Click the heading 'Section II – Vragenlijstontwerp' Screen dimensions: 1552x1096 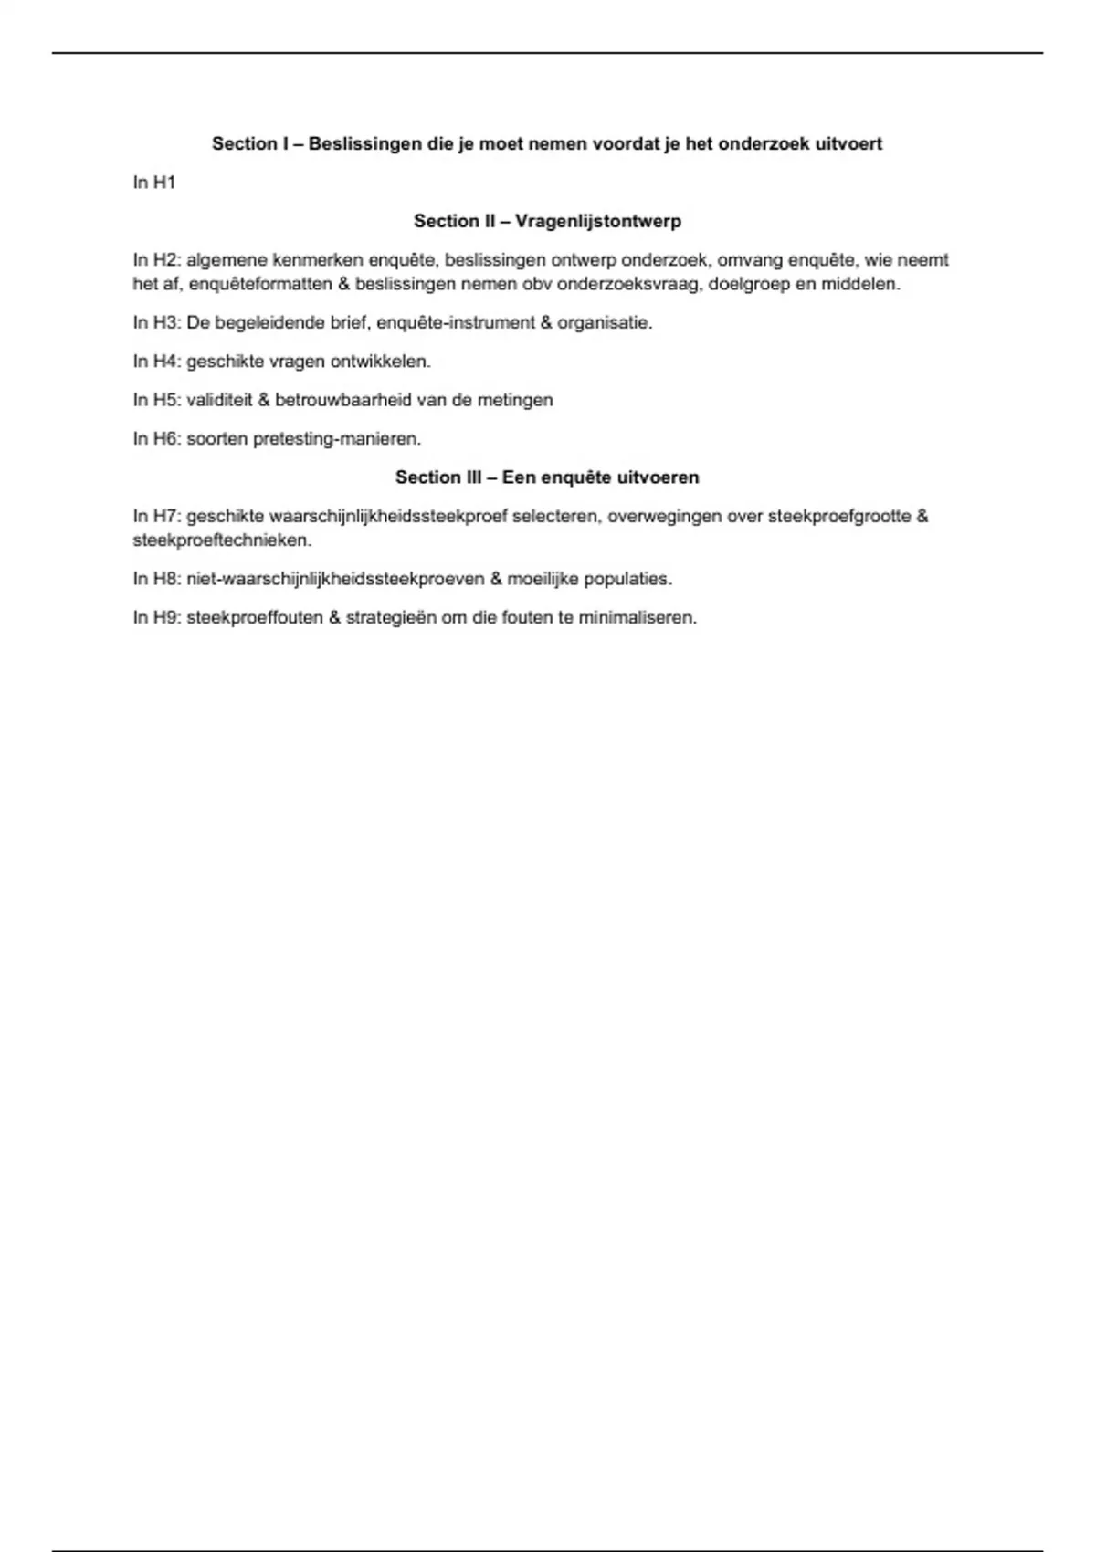click(x=547, y=221)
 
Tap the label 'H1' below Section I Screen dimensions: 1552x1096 click(x=164, y=183)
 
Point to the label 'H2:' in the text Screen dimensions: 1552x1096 click(x=168, y=260)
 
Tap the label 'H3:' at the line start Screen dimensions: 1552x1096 click(x=168, y=322)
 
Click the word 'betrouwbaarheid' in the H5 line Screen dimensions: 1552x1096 click(x=338, y=400)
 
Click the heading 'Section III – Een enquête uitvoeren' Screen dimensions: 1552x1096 click(x=547, y=477)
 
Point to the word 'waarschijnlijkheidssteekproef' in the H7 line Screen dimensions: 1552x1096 click(x=388, y=517)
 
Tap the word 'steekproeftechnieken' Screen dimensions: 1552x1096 click(x=222, y=540)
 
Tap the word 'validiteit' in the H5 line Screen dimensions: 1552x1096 click(x=220, y=400)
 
